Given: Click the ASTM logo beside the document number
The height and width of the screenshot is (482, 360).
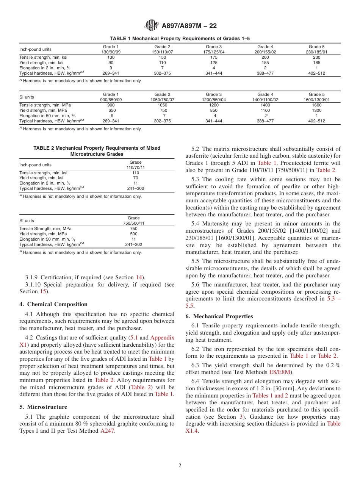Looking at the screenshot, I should click(152, 26).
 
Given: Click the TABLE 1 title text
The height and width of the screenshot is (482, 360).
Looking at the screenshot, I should click(180, 39).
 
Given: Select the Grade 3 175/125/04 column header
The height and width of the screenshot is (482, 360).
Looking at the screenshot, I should click(214, 49).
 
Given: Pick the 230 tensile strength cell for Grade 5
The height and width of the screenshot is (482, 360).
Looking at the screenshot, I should click(316, 57).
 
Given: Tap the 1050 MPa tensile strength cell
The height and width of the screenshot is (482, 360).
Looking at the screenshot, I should click(162, 105).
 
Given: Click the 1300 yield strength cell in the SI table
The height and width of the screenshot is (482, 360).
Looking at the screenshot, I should click(316, 110).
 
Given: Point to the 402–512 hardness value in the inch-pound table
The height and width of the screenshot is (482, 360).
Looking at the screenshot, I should click(316, 73).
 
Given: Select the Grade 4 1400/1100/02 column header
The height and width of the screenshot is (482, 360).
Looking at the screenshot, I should click(265, 97).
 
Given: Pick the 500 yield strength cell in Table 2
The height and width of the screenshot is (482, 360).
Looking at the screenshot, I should click(133, 234).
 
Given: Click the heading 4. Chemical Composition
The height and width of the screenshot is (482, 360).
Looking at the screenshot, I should click(53, 304).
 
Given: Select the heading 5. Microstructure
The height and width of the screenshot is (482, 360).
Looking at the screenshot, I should click(43, 407).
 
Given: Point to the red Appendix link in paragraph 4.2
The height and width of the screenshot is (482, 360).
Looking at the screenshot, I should click(162, 337).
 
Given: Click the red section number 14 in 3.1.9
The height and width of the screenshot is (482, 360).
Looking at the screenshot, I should click(139, 277).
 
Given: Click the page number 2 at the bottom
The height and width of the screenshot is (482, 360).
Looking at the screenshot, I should click(180, 466).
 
